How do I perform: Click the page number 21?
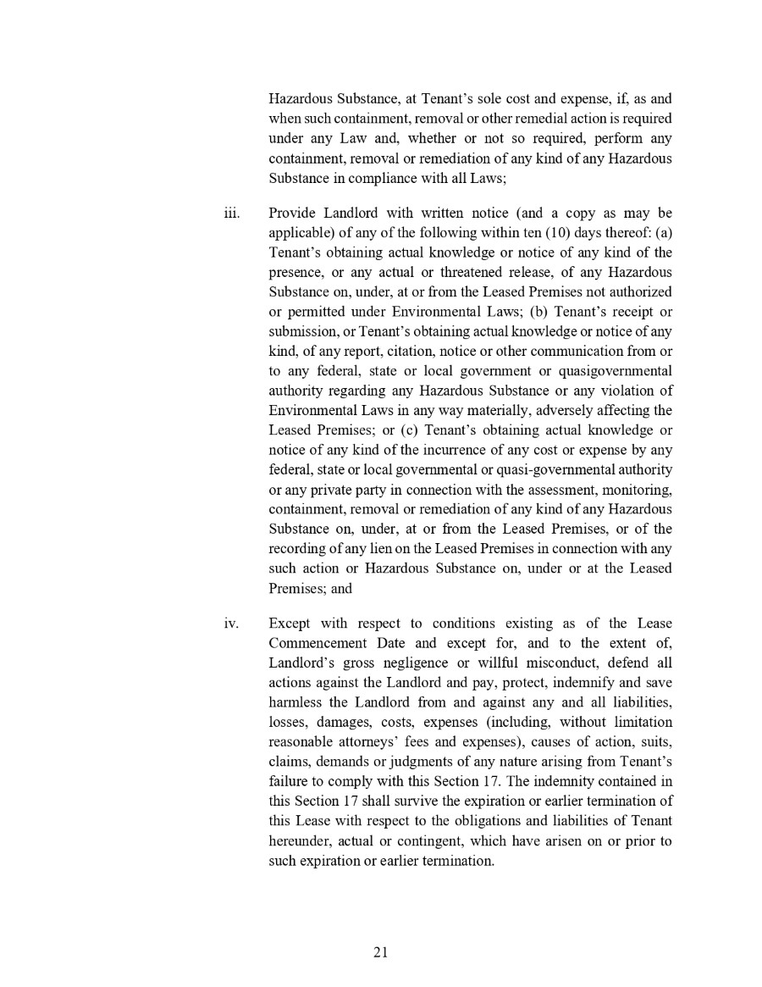[380, 951]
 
